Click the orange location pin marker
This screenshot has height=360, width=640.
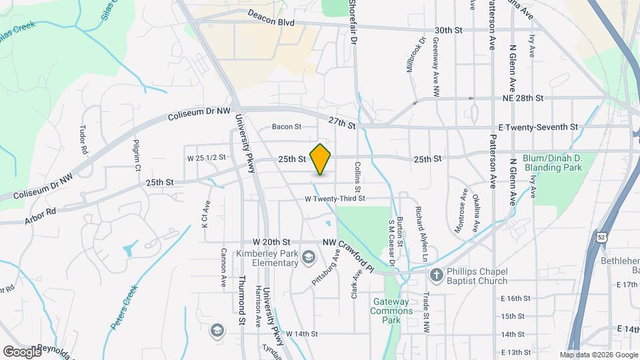tap(321, 159)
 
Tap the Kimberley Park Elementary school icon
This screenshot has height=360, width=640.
tap(309, 257)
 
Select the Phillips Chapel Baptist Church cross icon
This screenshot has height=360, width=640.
tap(436, 275)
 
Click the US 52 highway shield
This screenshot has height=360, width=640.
tap(602, 237)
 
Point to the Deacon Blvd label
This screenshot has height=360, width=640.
tap(271, 17)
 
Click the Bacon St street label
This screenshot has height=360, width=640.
tap(287, 126)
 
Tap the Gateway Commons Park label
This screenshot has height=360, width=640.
tap(387, 311)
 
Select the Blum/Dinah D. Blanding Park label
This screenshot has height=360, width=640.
tap(553, 163)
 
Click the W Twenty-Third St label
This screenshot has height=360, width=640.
tap(335, 198)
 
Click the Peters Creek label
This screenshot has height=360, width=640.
tap(124, 307)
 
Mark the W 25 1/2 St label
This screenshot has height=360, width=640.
tap(207, 158)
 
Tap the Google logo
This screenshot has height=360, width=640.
tap(22, 351)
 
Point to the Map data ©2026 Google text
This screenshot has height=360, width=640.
tap(598, 355)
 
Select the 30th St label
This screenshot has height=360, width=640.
tap(448, 31)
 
